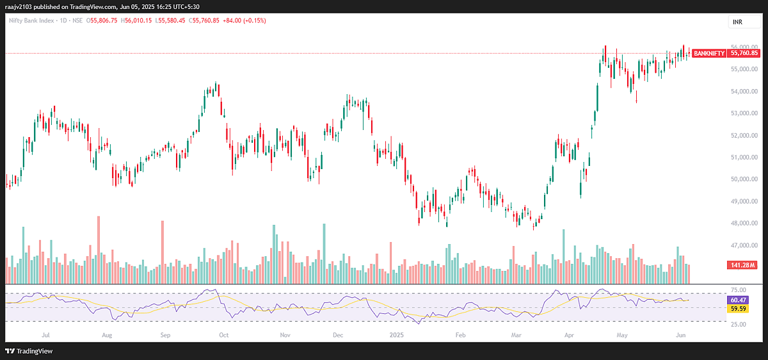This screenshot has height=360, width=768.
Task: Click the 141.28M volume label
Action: (741, 265)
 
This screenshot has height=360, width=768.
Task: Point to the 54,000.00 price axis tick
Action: (741, 91)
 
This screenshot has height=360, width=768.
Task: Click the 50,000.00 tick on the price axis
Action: (741, 179)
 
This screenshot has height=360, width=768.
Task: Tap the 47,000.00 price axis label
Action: (741, 245)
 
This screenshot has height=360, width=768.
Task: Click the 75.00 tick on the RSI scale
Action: (738, 291)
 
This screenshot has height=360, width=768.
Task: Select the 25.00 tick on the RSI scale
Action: (738, 324)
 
